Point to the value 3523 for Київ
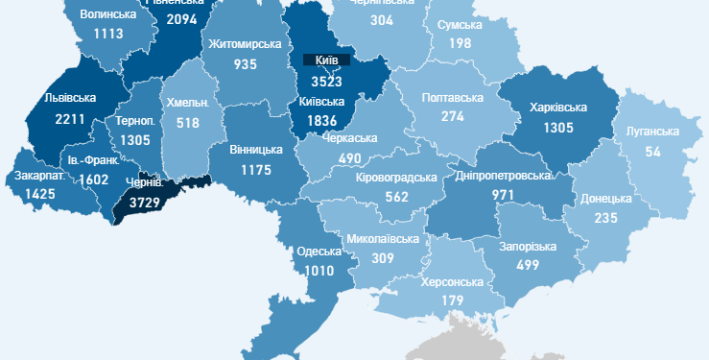(327, 82)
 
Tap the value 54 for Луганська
(652, 153)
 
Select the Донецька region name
(606, 199)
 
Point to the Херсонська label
(453, 282)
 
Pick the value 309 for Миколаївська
(384, 258)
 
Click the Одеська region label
(319, 252)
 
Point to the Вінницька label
(256, 150)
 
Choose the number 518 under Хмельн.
(186, 123)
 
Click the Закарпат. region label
(38, 177)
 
